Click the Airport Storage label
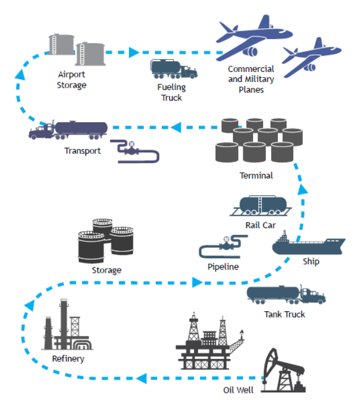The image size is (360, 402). (x=72, y=80)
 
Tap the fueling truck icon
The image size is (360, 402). (x=173, y=69)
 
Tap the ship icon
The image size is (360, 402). (x=308, y=245)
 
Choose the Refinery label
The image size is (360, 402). (x=68, y=358)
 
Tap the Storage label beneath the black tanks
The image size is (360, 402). (x=106, y=270)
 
